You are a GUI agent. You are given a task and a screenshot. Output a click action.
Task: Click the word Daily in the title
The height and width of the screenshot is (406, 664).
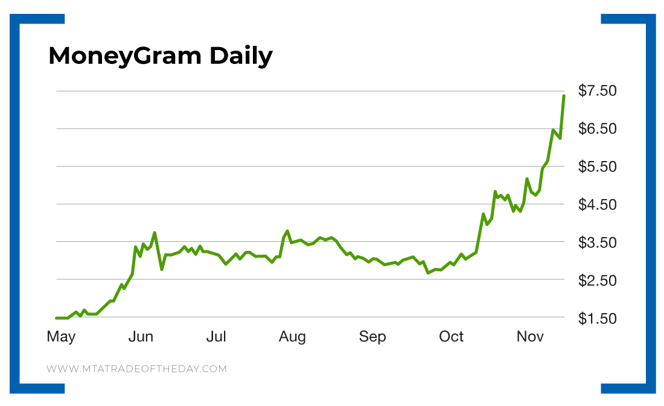(241, 56)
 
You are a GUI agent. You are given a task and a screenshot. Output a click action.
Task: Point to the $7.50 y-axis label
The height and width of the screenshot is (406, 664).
(597, 91)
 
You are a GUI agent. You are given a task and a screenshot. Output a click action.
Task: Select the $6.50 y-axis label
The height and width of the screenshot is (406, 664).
(597, 129)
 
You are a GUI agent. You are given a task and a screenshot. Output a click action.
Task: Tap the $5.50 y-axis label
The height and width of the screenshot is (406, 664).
(597, 167)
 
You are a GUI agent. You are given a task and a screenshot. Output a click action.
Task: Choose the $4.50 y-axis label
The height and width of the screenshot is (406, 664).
(597, 205)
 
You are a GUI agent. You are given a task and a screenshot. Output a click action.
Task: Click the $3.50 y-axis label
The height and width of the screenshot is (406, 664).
(597, 243)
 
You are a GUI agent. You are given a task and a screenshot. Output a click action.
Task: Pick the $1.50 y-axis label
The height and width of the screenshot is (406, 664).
(597, 319)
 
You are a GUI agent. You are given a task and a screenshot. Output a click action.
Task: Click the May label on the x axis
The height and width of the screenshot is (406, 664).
(61, 337)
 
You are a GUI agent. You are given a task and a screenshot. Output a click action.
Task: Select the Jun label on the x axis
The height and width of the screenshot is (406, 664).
(141, 337)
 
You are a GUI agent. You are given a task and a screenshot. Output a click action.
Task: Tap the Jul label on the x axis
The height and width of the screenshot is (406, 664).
(216, 337)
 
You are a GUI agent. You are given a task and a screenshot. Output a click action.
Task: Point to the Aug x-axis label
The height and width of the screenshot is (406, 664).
(292, 337)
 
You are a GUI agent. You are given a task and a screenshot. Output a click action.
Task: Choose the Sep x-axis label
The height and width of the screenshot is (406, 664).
(372, 337)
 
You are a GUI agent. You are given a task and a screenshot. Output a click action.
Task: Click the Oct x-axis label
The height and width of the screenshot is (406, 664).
(451, 337)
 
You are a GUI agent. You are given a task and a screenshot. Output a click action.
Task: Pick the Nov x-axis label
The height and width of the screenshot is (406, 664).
(530, 337)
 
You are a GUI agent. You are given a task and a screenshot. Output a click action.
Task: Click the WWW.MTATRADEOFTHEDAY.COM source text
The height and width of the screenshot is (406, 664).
(136, 369)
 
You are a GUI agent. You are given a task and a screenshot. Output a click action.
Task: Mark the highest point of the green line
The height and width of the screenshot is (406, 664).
(564, 96)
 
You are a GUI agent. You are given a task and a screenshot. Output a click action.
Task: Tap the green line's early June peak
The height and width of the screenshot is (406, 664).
(155, 232)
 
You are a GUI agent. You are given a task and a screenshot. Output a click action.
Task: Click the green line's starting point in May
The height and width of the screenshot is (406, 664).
(57, 318)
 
